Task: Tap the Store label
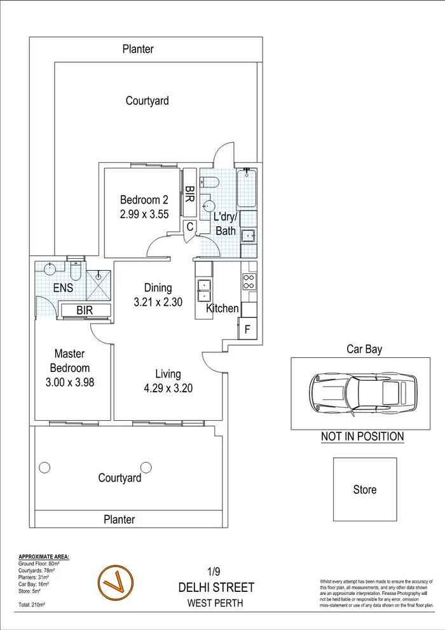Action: click(x=364, y=490)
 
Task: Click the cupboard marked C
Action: click(x=189, y=226)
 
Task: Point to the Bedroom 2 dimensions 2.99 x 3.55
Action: click(x=144, y=214)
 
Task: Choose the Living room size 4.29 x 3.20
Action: click(x=168, y=387)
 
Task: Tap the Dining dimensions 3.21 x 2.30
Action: click(x=158, y=302)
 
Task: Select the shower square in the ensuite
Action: click(x=99, y=284)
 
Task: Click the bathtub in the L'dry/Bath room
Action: click(x=247, y=189)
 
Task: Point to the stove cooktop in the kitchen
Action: click(x=249, y=282)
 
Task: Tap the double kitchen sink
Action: click(x=204, y=289)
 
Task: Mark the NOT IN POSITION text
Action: click(x=362, y=437)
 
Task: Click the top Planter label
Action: click(x=138, y=49)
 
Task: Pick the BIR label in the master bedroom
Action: click(x=85, y=311)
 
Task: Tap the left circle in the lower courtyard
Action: click(x=44, y=468)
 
